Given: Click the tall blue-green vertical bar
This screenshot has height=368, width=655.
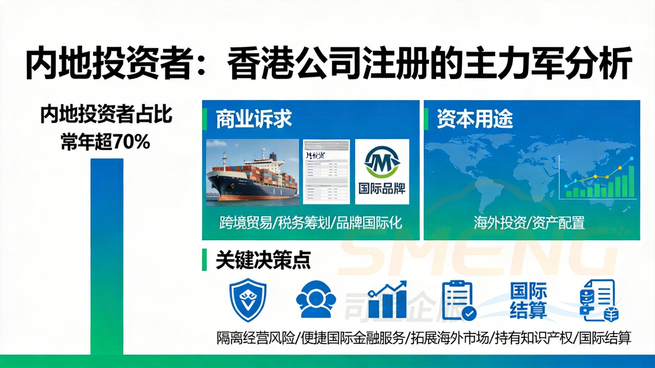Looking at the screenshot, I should tap(107, 256).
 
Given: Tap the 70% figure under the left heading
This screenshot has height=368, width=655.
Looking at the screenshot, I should tap(131, 142).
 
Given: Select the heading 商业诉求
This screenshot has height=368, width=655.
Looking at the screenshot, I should tap(254, 119).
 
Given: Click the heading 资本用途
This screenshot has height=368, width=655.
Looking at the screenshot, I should tap(475, 119).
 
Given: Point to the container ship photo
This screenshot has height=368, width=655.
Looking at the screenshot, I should tap(253, 172).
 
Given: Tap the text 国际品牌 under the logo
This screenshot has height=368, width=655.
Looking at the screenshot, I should tap(382, 189).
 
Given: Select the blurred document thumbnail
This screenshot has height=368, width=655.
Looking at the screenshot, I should tap(326, 172).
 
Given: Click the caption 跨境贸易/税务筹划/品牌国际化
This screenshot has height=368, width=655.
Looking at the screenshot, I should tap(311, 223).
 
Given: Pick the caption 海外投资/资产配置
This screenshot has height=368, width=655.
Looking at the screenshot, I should tap(529, 223).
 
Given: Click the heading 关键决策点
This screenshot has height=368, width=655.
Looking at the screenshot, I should tap(263, 260).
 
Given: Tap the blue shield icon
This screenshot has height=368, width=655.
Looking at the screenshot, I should tap(248, 300).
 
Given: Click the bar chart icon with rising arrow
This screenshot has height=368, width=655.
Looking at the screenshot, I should tap(387, 300).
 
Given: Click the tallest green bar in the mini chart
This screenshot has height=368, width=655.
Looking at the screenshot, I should tap(631, 181).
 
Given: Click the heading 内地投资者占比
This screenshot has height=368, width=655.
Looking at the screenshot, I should tap(106, 115).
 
